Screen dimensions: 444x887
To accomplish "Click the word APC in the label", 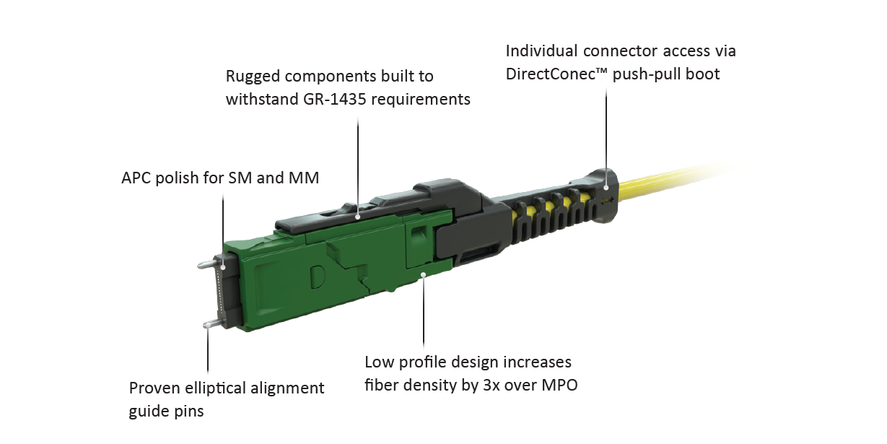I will tap(137, 178).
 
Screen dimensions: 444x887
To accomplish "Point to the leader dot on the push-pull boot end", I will tap(606, 187).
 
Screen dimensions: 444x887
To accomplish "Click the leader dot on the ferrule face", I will tap(223, 267).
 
